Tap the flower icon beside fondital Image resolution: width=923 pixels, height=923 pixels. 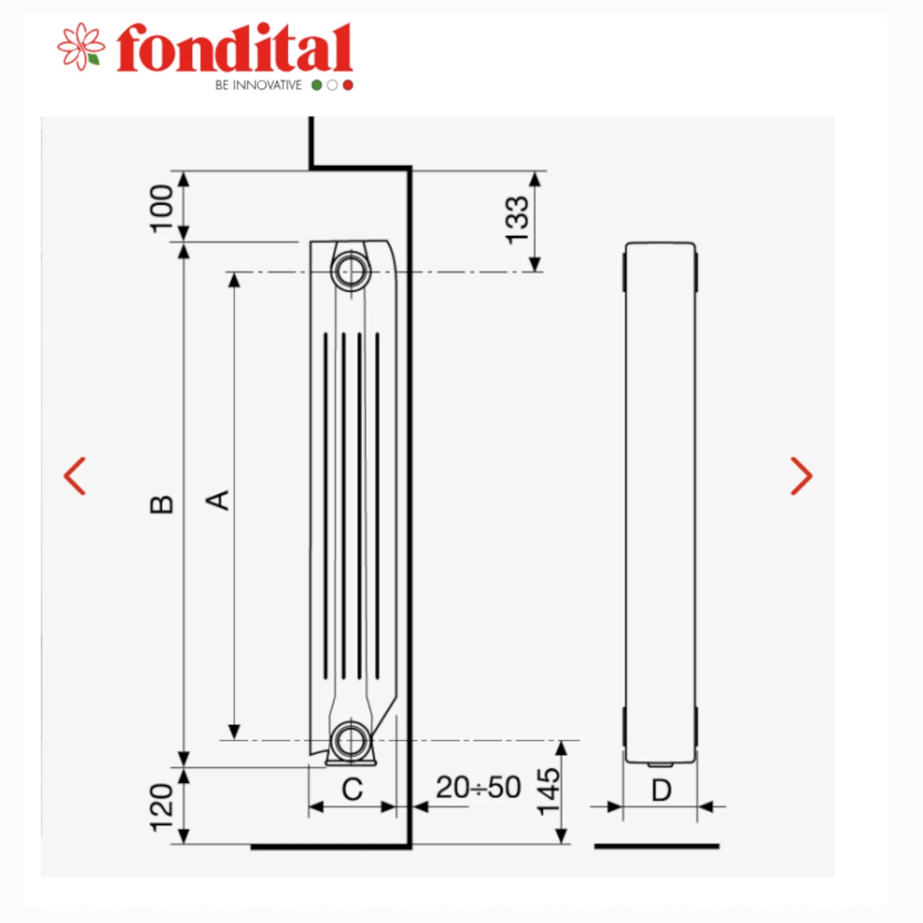(81, 46)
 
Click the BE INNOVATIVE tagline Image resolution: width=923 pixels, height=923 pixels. (258, 85)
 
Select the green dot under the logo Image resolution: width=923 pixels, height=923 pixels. (317, 85)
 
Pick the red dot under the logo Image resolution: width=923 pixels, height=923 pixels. (348, 85)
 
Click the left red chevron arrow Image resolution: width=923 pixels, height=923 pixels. (75, 476)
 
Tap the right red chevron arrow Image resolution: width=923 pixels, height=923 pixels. (801, 476)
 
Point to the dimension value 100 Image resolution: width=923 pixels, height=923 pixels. (162, 209)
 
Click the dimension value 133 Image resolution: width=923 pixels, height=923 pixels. (516, 220)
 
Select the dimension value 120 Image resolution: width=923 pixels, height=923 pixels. (162, 808)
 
